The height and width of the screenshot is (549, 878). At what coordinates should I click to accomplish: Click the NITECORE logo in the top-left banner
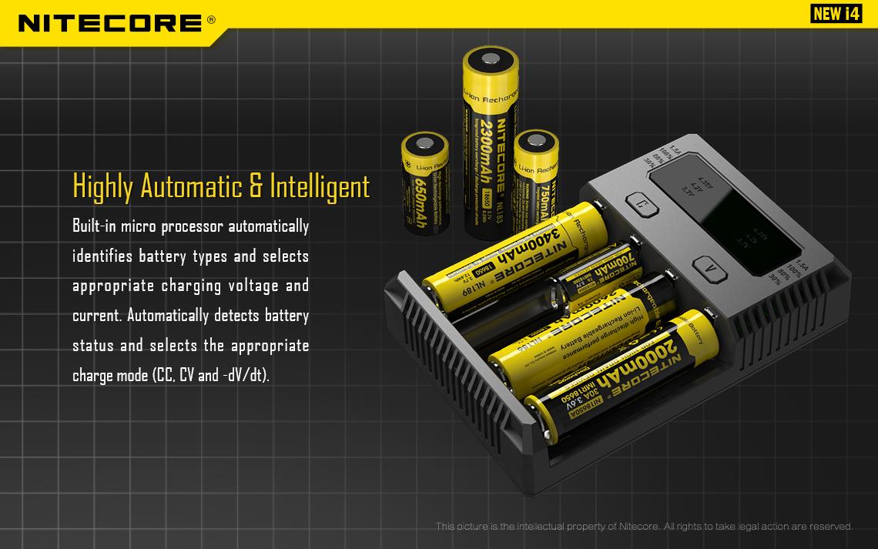[108, 22]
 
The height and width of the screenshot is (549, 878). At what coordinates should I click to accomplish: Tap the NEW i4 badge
[835, 15]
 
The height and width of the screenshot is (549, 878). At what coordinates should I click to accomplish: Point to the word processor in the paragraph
[195, 226]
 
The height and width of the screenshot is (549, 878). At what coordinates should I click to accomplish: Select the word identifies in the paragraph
[102, 256]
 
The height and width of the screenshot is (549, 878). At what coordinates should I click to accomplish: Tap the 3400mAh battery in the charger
[508, 254]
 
